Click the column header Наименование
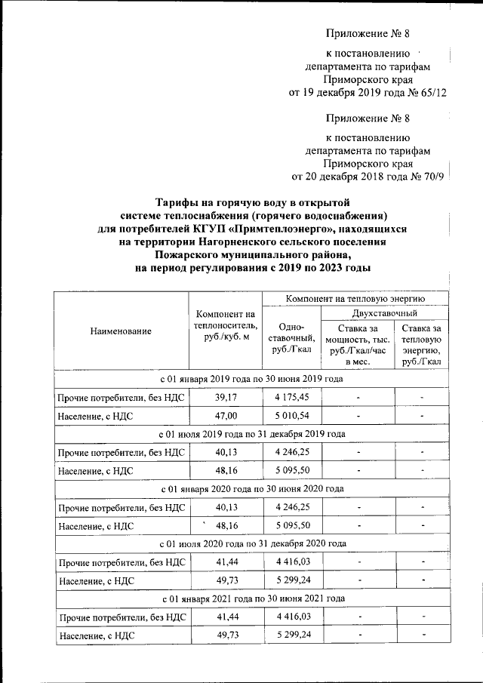pyautogui.click(x=121, y=331)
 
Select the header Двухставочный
pyautogui.click(x=385, y=312)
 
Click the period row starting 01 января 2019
pyautogui.click(x=251, y=378)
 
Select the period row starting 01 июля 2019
pyautogui.click(x=251, y=434)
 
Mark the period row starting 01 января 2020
pyautogui.click(x=251, y=488)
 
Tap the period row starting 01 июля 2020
pyautogui.click(x=251, y=543)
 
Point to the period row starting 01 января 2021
pyautogui.click(x=251, y=598)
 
